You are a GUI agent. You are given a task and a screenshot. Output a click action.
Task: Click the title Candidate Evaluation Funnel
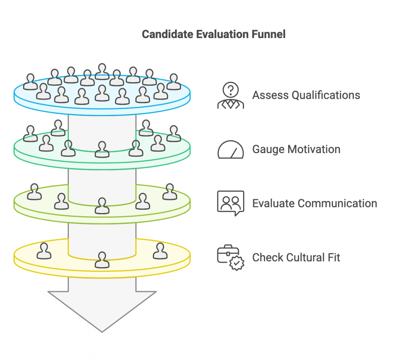pos(214,34)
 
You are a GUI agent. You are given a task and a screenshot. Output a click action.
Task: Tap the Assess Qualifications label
pos(306,95)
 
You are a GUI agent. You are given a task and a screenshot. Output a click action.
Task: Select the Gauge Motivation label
pos(296,149)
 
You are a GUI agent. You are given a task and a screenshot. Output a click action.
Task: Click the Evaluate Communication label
pos(314,203)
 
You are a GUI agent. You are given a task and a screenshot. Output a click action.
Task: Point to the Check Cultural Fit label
pos(296,257)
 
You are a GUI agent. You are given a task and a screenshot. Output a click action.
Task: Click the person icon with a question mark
pos(230,96)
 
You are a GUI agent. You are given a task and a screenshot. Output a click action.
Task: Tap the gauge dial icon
pos(230,150)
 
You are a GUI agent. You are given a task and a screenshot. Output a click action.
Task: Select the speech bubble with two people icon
pos(230,203)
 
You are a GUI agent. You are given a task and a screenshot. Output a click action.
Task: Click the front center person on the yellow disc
pos(102,260)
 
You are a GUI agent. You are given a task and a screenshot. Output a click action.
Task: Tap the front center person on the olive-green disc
pos(102,206)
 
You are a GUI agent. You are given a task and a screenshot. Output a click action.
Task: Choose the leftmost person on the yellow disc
pos(44,251)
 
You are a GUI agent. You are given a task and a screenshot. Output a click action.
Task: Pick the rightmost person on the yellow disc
pos(159,251)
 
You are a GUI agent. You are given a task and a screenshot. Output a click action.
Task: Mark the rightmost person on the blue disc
pos(174,82)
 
